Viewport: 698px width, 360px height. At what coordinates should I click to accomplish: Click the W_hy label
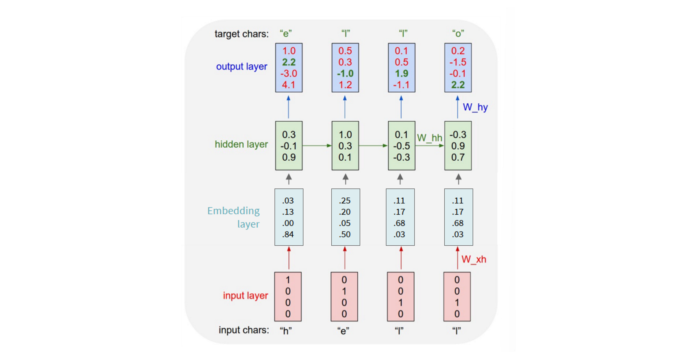[x=475, y=107]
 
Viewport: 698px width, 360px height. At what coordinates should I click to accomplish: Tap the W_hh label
[x=429, y=138]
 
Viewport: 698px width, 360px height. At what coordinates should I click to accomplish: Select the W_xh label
[x=474, y=260]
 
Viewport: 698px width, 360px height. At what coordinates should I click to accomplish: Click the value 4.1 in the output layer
[x=289, y=85]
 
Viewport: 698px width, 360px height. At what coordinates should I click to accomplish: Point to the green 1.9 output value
[x=401, y=74]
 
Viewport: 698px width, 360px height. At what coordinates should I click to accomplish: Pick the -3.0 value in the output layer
[x=289, y=74]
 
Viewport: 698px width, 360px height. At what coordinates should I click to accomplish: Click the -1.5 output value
[x=458, y=62]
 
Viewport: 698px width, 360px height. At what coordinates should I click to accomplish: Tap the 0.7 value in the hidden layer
[x=458, y=157]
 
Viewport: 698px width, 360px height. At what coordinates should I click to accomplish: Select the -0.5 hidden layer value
[x=401, y=146]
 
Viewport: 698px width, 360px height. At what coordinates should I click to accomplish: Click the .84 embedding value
[x=288, y=234]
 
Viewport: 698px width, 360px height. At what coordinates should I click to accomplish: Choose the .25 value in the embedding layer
[x=345, y=201]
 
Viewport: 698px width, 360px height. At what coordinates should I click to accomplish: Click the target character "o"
[x=458, y=34]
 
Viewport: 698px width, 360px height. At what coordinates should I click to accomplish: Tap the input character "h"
[x=286, y=331]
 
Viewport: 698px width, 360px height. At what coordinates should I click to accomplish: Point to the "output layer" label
[x=241, y=67]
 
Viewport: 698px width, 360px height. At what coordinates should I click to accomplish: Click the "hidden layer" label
[x=241, y=144]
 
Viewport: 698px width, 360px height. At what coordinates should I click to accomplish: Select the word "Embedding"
[x=233, y=211]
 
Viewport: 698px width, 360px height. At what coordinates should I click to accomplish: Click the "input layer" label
[x=245, y=296]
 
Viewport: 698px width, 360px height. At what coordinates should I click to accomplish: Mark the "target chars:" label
[x=241, y=34]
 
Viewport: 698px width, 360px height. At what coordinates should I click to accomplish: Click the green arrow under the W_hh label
[x=430, y=146]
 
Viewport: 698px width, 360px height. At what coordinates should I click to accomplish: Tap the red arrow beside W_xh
[x=457, y=258]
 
